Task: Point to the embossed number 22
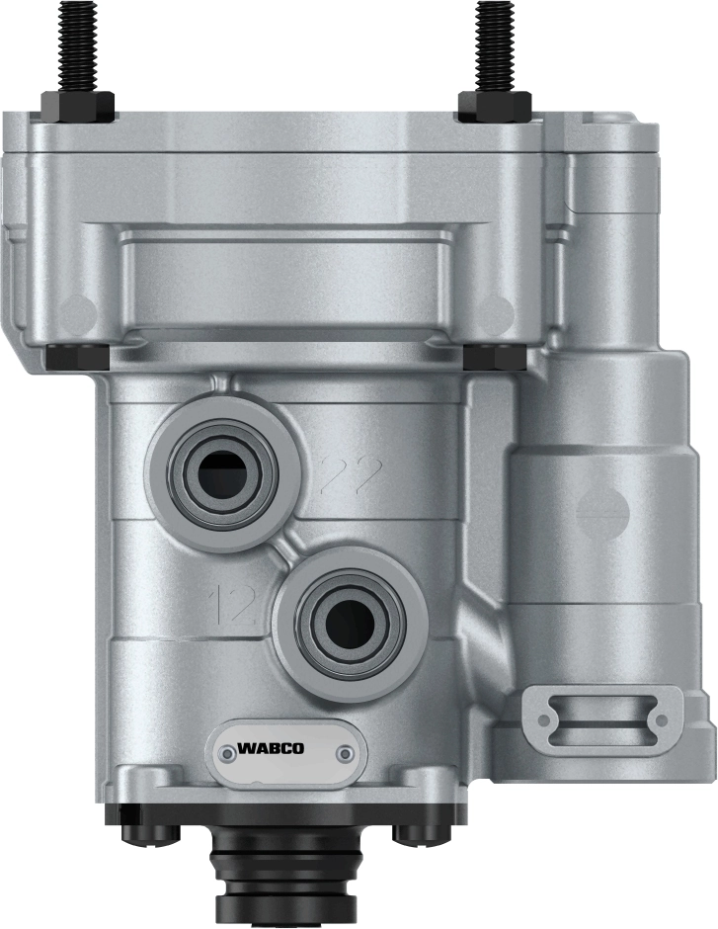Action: pos(351,477)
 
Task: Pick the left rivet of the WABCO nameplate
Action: pos(228,753)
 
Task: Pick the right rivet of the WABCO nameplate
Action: pos(343,753)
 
